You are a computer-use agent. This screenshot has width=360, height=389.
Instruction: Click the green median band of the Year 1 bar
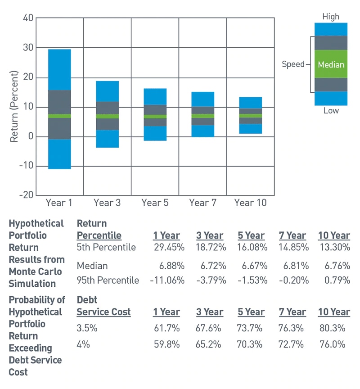click(x=59, y=116)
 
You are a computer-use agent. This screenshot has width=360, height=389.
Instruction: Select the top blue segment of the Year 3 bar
click(x=107, y=91)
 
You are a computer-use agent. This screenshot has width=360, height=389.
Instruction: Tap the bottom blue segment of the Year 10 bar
click(x=250, y=129)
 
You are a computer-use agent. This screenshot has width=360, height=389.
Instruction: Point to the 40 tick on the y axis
click(x=28, y=18)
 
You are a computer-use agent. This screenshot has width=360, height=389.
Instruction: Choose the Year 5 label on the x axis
click(x=155, y=203)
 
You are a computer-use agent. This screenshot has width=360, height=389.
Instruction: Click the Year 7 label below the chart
click(x=202, y=203)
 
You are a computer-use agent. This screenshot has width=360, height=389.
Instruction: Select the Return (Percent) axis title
click(x=14, y=107)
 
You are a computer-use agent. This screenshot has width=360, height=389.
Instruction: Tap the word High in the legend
click(x=331, y=17)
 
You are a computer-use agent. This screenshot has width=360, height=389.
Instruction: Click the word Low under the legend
click(x=331, y=111)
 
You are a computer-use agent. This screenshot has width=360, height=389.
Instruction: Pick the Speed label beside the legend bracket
click(x=293, y=64)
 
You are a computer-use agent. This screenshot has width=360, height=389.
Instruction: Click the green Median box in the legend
click(x=331, y=64)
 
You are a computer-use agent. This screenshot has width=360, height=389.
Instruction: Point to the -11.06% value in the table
click(x=167, y=280)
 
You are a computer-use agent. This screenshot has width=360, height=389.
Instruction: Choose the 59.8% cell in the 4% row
click(x=166, y=344)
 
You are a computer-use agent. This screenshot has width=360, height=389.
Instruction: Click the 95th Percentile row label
click(x=108, y=280)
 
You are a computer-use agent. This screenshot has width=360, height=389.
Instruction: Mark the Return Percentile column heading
click(x=99, y=229)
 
